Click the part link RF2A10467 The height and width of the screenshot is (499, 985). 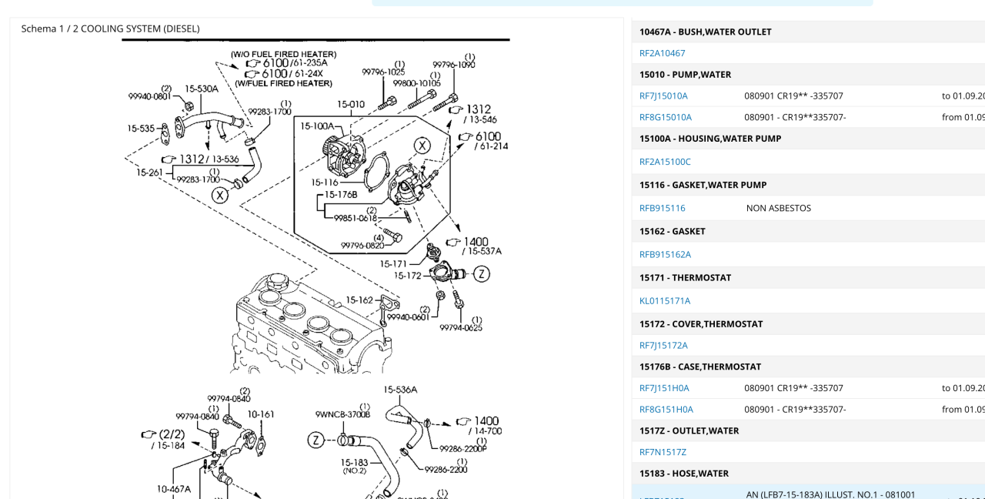tap(662, 53)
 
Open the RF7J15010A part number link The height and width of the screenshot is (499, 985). tap(663, 96)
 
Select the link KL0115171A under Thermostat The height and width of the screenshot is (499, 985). tap(665, 301)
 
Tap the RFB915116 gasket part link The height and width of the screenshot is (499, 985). tap(662, 208)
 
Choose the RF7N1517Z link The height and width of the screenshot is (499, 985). tap(663, 452)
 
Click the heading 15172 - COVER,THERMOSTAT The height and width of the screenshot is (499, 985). tap(700, 324)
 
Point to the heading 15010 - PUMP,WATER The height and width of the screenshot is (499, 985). tap(685, 75)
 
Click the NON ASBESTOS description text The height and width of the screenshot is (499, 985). tap(778, 208)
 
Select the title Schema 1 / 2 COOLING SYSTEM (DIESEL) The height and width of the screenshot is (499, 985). tap(110, 28)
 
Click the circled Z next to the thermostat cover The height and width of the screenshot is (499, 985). tap(481, 273)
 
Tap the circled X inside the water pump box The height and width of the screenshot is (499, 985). tap(422, 146)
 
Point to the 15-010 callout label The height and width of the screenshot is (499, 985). tap(350, 104)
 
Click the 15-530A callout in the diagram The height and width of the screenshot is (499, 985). tap(202, 89)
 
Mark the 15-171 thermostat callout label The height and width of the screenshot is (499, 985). tap(394, 264)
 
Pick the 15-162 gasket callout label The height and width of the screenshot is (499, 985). tap(359, 300)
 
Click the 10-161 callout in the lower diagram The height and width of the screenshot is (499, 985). tap(261, 414)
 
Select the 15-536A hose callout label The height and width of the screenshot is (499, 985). tap(400, 390)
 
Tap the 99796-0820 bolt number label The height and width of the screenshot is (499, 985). tap(362, 246)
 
